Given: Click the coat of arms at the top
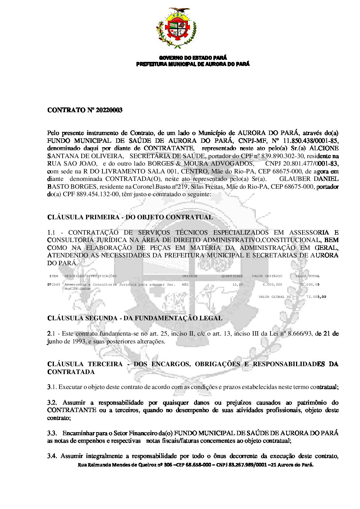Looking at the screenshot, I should [176, 28].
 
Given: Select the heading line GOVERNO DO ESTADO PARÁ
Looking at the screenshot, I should [193, 58].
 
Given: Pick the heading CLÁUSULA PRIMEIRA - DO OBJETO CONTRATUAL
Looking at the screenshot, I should [130, 217].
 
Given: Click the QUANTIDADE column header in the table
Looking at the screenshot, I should [232, 276].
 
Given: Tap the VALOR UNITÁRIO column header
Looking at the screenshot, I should [267, 276].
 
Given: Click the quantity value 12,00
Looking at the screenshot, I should [238, 285].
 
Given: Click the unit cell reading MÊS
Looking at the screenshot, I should [185, 285].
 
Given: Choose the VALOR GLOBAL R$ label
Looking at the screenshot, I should [275, 297].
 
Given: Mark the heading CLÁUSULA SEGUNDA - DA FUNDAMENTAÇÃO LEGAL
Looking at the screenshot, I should [135, 319].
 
